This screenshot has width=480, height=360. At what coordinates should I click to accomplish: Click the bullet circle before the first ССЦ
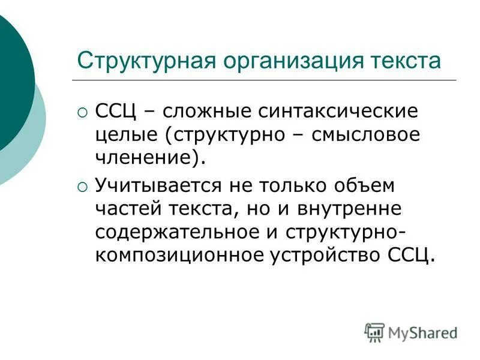pos(82,112)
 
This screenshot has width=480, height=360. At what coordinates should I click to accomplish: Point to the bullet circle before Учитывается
pos(82,187)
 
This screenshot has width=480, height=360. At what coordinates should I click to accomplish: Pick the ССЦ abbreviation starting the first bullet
pos(118,112)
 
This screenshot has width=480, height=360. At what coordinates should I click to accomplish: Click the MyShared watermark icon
pos(374,332)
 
